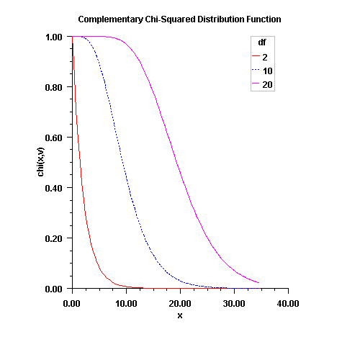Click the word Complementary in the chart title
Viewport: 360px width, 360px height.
coord(109,19)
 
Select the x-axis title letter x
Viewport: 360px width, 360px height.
coord(179,315)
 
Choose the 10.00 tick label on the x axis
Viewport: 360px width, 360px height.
coord(126,304)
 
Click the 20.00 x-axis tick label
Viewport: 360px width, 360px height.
coord(180,304)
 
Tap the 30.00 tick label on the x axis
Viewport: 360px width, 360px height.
coord(234,304)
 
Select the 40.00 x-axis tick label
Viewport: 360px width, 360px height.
coord(288,304)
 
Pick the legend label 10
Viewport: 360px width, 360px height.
coord(268,71)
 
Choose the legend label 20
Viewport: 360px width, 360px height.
coord(268,85)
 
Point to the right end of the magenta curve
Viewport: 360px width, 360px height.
coord(258,282)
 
